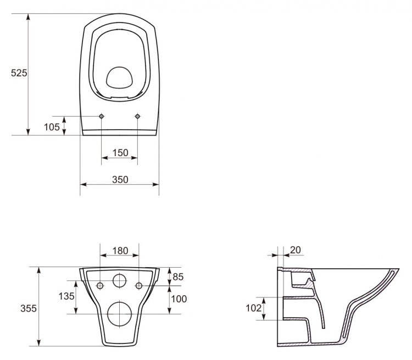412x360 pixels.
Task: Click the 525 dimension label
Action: (x=19, y=73)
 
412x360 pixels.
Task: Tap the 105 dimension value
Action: (x=52, y=127)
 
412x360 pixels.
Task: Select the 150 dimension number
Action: (x=120, y=153)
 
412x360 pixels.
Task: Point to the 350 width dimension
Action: (x=120, y=180)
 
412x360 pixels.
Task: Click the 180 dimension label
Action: (x=120, y=251)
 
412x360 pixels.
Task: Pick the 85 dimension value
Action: (x=178, y=277)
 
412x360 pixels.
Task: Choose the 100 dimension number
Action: (x=179, y=299)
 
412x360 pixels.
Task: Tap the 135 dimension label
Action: (x=66, y=296)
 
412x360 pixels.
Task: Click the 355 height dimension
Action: (x=29, y=308)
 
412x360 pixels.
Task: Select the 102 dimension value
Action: (x=254, y=308)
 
